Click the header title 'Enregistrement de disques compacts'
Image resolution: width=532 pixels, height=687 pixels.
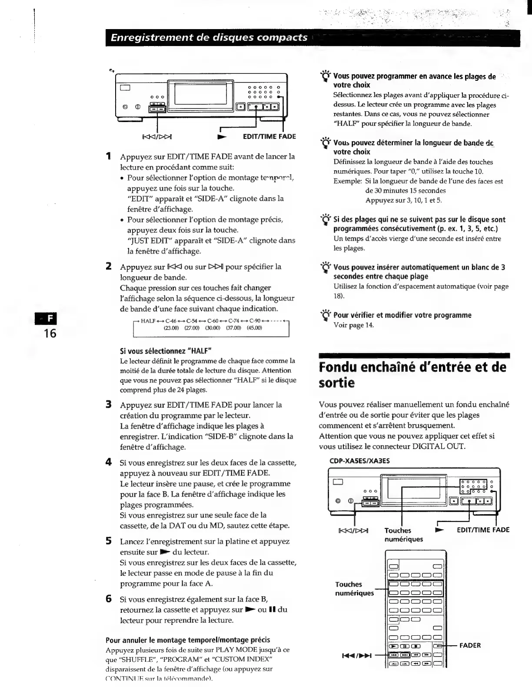pos(209,37)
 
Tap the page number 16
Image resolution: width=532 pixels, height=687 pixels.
pos(50,333)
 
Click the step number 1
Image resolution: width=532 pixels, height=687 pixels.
pos(109,156)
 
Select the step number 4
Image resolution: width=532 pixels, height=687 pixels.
pos(109,462)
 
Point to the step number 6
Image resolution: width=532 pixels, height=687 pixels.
pos(109,599)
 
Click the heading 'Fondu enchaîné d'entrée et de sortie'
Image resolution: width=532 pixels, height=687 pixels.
pos(412,375)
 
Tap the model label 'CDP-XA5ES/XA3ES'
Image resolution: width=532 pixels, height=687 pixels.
pos(354,461)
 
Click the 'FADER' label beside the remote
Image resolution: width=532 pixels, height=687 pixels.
pos(470,645)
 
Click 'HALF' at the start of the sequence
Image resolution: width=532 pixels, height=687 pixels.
pos(148,321)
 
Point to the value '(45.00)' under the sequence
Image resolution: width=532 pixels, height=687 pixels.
pos(254,328)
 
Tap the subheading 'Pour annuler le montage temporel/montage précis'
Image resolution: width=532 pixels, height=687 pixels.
pos(188,640)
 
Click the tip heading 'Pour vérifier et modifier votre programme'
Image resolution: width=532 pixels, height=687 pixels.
pos(402,315)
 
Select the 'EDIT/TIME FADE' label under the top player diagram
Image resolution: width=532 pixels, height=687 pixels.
pos(269,136)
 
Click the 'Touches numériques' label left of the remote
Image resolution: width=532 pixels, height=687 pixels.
pos(354,588)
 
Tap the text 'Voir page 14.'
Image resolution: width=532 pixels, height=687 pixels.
pos(353,325)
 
